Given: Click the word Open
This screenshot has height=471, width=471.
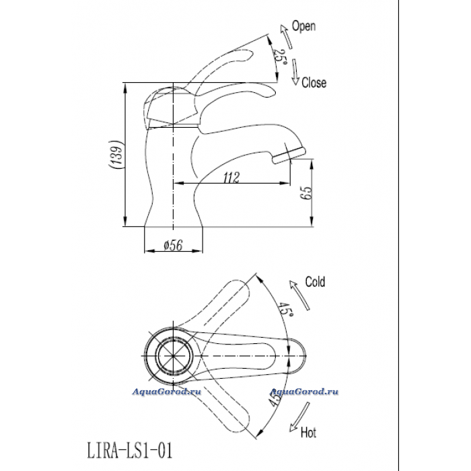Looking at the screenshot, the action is click(303, 26).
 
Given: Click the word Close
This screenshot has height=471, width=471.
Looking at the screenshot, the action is click(314, 83).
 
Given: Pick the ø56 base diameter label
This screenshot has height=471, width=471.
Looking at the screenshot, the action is click(173, 246).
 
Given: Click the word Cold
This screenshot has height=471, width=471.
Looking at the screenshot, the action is click(315, 282).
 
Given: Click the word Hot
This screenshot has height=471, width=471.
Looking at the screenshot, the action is click(308, 433).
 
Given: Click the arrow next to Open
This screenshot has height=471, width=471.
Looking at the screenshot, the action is click(286, 36).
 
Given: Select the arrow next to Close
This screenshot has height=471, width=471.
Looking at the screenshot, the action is click(295, 72).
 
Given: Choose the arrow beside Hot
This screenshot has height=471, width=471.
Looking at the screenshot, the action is click(299, 417).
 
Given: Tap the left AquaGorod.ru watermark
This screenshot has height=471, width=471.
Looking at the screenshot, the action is click(167, 392).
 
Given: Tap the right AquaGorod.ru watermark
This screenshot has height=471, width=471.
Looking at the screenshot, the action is click(303, 392).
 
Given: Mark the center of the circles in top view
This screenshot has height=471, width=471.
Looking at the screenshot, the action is click(174, 356).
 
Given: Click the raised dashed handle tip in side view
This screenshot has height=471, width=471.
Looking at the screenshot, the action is click(250, 54).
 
